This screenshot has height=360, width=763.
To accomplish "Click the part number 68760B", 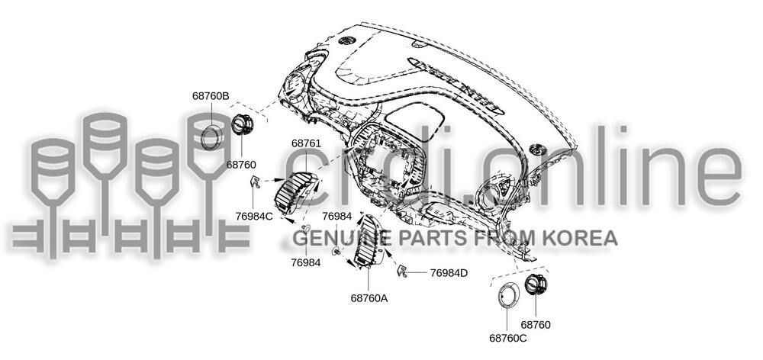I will click(x=211, y=96).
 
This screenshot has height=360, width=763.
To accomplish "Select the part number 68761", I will click(x=306, y=143).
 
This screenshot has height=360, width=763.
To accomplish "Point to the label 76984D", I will click(x=449, y=272).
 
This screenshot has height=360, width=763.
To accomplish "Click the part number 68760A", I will click(x=369, y=298).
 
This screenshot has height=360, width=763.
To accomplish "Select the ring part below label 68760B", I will click(x=211, y=135).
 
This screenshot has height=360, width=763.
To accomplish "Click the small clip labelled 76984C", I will click(x=256, y=182).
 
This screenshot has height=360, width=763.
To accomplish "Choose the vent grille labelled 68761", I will click(x=300, y=193).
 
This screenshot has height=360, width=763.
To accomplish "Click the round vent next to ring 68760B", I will click(x=243, y=124).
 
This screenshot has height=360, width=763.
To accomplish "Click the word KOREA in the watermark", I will click(x=583, y=239).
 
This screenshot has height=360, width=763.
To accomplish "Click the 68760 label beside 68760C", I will click(x=536, y=325).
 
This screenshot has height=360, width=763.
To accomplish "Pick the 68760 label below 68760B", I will click(x=241, y=164).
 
